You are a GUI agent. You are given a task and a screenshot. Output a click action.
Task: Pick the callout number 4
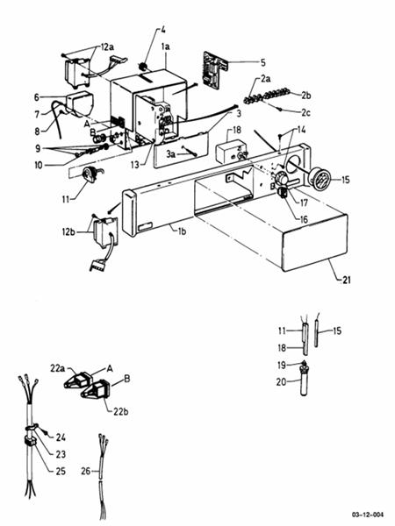pos(162,32)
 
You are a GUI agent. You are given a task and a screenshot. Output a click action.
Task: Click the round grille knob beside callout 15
pos(320,181)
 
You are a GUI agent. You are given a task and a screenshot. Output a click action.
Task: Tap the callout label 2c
pos(305,113)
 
